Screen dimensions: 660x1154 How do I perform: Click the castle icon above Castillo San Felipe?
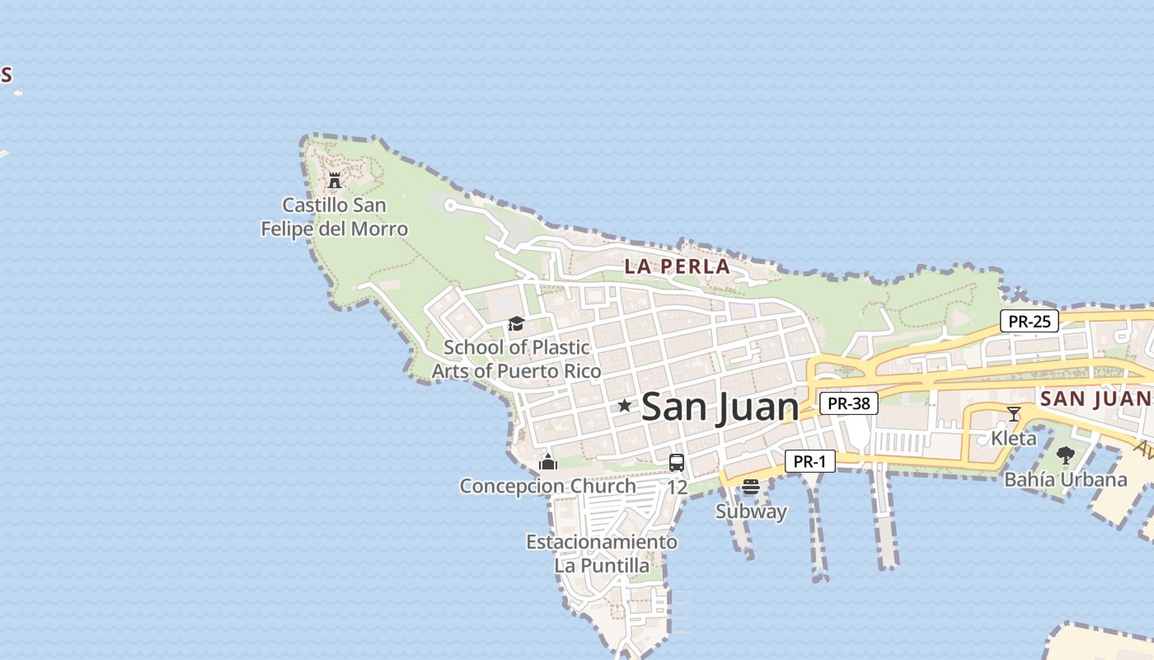[x=335, y=180]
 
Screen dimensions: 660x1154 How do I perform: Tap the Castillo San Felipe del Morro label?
[x=335, y=217]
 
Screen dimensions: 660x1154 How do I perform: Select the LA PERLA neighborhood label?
[x=677, y=266]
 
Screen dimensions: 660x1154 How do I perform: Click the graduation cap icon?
[x=516, y=323]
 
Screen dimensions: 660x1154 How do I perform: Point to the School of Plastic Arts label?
[x=517, y=359]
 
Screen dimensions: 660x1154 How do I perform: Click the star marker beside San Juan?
[x=625, y=405]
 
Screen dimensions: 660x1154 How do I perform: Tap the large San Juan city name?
[x=720, y=407]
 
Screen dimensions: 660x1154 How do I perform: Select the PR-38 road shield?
[x=849, y=403]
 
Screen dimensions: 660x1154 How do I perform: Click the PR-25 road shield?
[x=1030, y=321]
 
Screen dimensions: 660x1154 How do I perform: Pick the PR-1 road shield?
[x=809, y=461]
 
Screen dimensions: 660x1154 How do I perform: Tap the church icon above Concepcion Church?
[x=548, y=462]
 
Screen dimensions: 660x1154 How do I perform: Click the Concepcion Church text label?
[x=548, y=486]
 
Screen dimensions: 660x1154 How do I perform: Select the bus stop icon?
[x=677, y=462]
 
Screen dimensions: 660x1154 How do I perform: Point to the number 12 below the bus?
[x=677, y=488]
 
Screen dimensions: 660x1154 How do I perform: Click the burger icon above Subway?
[x=750, y=487]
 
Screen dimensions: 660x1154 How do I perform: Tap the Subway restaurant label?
[x=751, y=511]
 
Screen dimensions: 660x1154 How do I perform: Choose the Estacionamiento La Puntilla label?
[x=602, y=554]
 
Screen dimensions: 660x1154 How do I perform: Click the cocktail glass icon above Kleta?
[x=1014, y=413]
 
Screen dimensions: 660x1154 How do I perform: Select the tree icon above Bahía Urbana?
[x=1066, y=455]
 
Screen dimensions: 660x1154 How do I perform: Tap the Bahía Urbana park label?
[x=1066, y=479]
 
